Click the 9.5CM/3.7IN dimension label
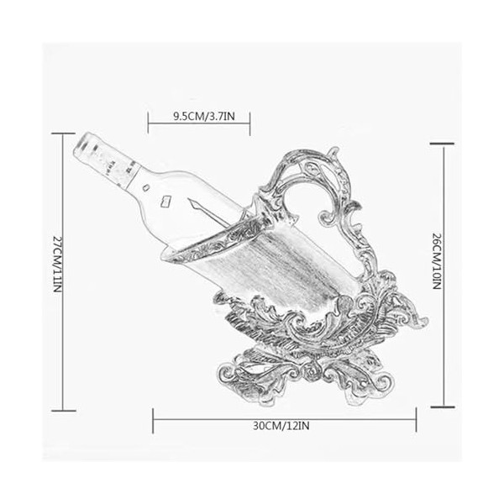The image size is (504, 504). click(x=204, y=116)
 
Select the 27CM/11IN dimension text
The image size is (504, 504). click(x=56, y=265)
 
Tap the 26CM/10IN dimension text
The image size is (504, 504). click(x=437, y=261)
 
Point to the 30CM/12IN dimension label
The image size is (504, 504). click(x=281, y=426)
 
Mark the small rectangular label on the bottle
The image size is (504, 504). click(x=165, y=202)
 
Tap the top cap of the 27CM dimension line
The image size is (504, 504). click(x=63, y=133)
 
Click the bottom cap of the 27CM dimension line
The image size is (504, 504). click(x=64, y=411)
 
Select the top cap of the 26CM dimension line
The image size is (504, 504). click(x=442, y=144)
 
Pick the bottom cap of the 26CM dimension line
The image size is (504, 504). click(x=443, y=407)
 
